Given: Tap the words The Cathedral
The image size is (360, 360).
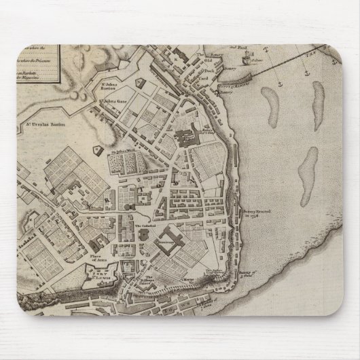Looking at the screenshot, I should pos(146,226).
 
